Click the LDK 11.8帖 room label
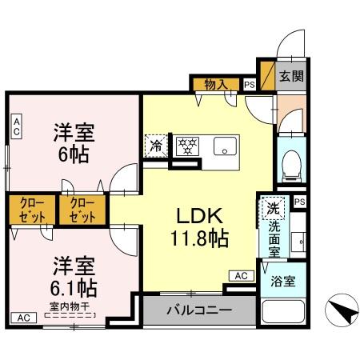[198, 226]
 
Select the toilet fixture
[290, 164]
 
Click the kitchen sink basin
[225, 146]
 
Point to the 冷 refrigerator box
[156, 146]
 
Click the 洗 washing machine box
[273, 207]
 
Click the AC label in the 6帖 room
[15, 124]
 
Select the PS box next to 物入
[250, 84]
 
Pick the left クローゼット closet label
[32, 210]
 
